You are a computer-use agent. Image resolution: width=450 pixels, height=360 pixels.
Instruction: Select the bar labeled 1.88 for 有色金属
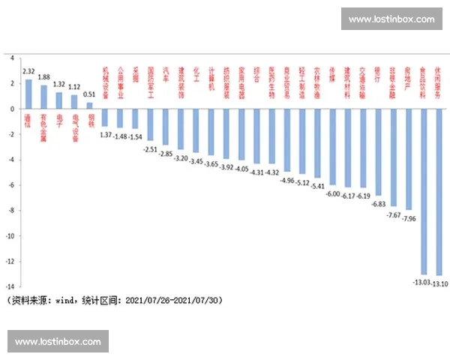coord(43,97)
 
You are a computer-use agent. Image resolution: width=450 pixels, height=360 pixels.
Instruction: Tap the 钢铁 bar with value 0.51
coord(90,106)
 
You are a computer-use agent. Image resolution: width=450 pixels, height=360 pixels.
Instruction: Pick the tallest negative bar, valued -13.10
coord(439,191)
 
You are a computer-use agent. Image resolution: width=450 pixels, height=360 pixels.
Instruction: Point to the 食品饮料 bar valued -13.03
coord(424,191)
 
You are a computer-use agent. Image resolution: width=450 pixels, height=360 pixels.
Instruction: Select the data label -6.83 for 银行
coord(379,204)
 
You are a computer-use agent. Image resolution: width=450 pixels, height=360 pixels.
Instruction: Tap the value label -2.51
coord(149,149)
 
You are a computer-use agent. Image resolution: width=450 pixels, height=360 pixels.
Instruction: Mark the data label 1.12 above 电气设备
coord(74,87)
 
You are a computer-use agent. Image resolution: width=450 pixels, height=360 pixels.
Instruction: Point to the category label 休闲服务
coord(439,78)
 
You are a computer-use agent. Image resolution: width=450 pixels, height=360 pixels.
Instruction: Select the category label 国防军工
coord(151,78)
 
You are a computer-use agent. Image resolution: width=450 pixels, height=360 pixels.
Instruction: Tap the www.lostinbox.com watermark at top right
coord(391,19)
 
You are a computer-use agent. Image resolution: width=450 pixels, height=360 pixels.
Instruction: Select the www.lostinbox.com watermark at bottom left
coord(58,342)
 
